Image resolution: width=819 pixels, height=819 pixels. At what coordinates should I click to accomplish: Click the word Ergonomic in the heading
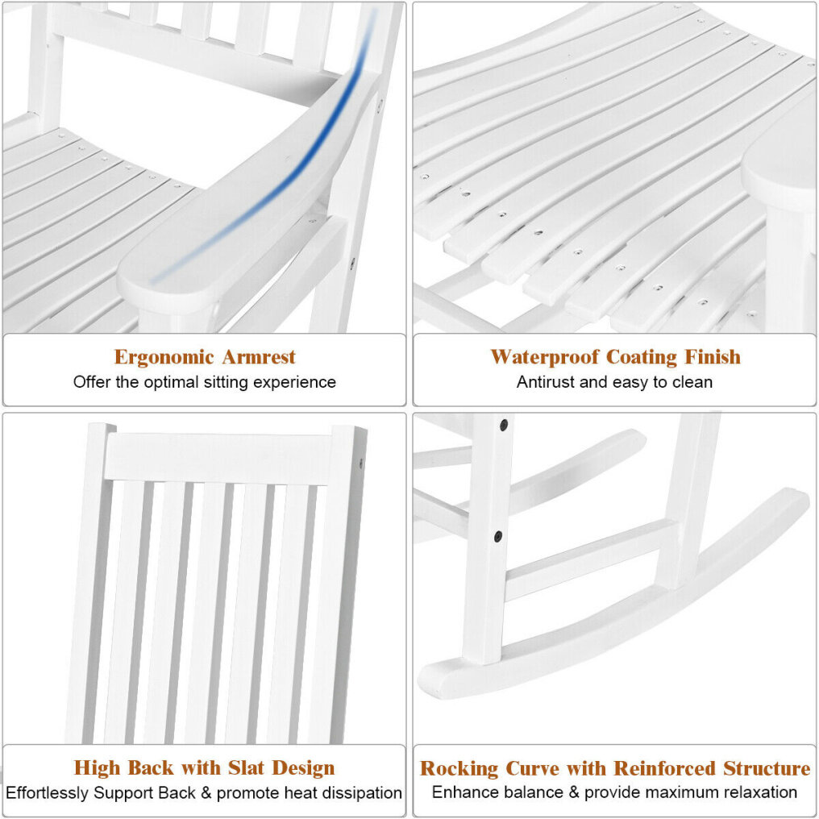coord(164,358)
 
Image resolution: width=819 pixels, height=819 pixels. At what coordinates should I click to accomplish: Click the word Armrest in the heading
coord(259,357)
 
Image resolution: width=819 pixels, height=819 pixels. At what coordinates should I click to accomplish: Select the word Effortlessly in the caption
coord(47,793)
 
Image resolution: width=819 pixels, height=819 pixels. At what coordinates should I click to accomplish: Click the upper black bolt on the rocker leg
coord(504,425)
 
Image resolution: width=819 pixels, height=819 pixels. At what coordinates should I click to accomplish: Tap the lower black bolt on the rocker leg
coord(498,536)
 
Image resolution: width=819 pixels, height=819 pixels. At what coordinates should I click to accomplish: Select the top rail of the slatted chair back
coord(218,457)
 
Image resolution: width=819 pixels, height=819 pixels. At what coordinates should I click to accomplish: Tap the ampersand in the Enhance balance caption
coord(574,792)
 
